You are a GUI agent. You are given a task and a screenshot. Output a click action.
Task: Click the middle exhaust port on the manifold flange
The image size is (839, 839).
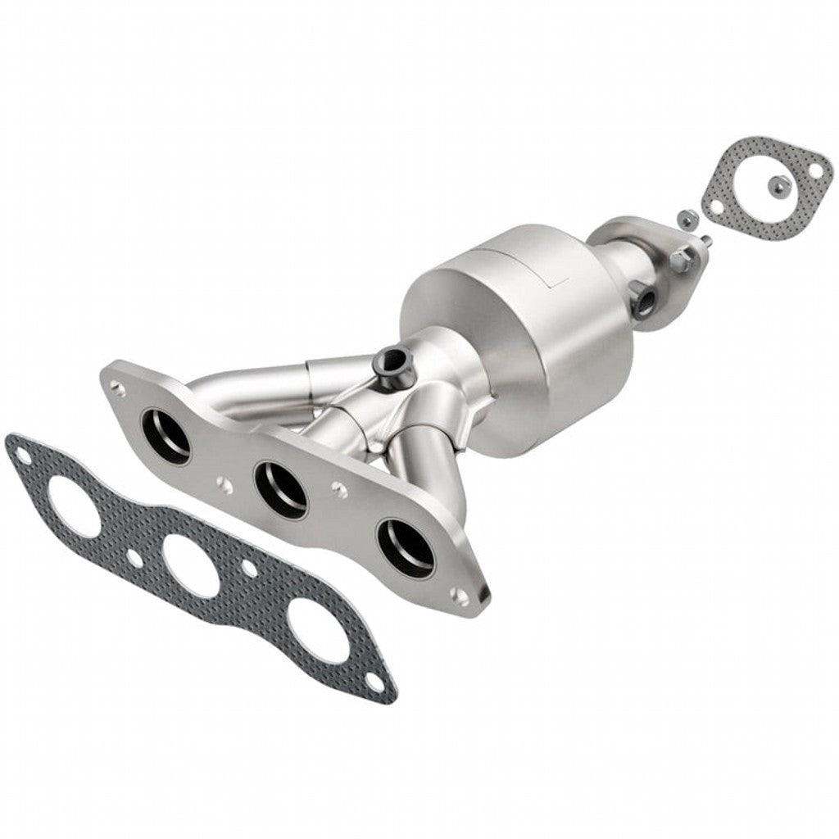pos(281,489)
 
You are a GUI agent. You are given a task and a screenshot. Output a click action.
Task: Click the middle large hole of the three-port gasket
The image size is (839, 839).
pos(190,565)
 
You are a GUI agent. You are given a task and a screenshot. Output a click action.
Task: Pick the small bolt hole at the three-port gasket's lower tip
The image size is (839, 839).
pos(374,680)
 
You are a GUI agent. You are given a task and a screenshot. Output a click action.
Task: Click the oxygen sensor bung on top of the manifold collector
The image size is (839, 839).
pos(391,361)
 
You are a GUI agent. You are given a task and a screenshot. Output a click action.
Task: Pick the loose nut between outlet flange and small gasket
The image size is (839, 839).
pos(687,219)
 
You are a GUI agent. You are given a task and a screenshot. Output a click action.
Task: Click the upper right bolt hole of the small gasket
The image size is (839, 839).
pos(815,170)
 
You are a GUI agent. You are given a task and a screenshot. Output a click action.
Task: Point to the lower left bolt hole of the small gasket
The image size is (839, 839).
pos(716,206)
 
